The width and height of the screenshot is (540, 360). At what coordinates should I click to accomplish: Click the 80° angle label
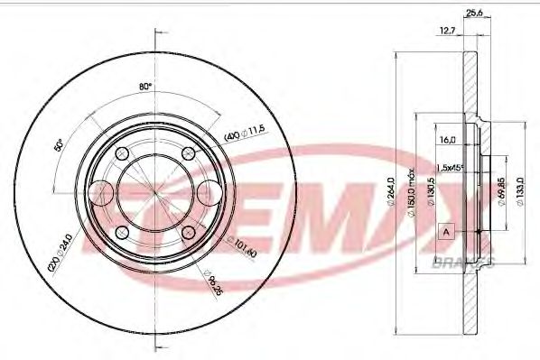pyautogui.click(x=144, y=88)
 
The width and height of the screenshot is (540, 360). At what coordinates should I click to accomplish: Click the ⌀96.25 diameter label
pyautogui.click(x=212, y=280)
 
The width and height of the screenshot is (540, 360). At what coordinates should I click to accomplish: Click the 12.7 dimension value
pyautogui.click(x=445, y=31)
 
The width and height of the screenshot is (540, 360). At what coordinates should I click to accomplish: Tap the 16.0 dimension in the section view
pyautogui.click(x=446, y=140)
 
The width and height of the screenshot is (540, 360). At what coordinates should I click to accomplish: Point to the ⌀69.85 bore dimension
pyautogui.click(x=500, y=193)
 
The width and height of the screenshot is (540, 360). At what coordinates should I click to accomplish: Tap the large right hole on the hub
pyautogui.click(x=210, y=192)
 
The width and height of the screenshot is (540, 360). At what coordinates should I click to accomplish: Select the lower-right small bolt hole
pyautogui.click(x=189, y=233)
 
